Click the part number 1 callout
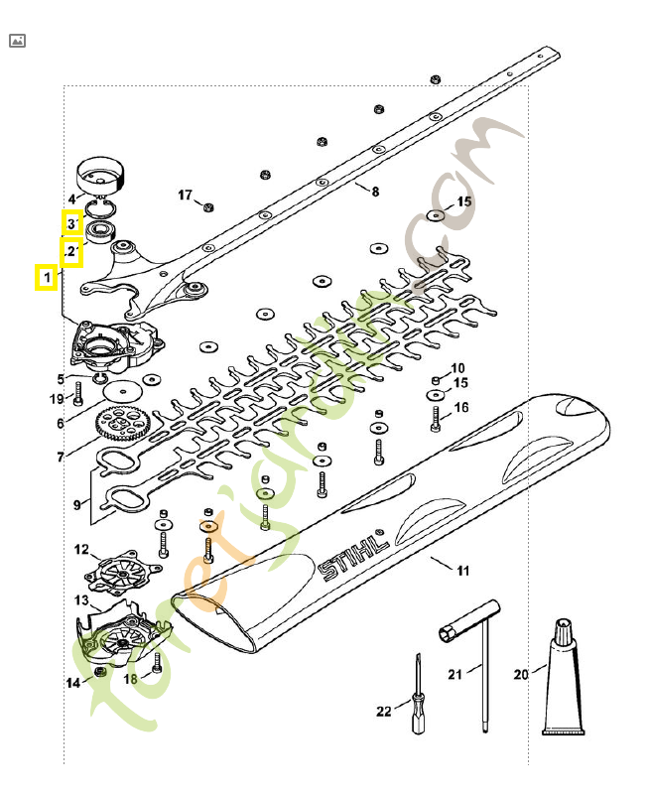coord(46,276)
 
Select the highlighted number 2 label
coord(70,252)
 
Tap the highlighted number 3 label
coord(71,224)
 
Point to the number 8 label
coord(375,191)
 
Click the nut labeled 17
coord(207,206)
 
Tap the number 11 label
coord(462,571)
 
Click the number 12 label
coord(81,549)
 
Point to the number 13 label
coord(81,600)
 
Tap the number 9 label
coord(77,504)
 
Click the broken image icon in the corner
coord(17,41)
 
